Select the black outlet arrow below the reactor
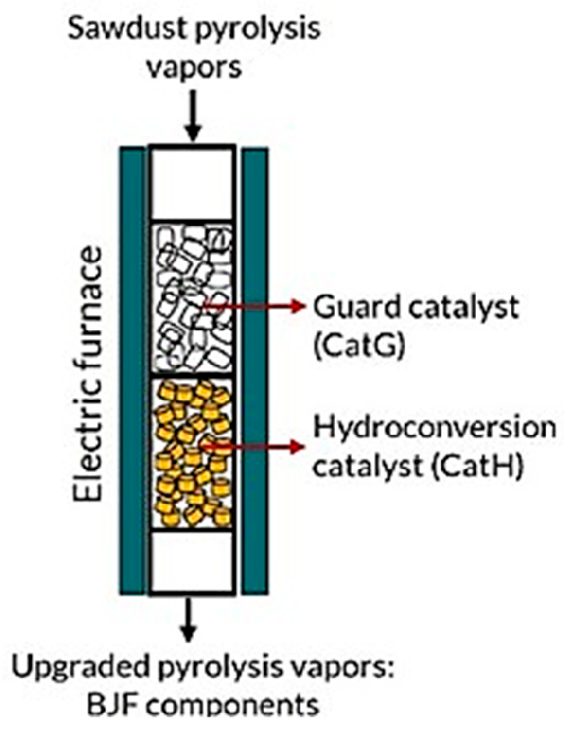[x=189, y=618]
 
